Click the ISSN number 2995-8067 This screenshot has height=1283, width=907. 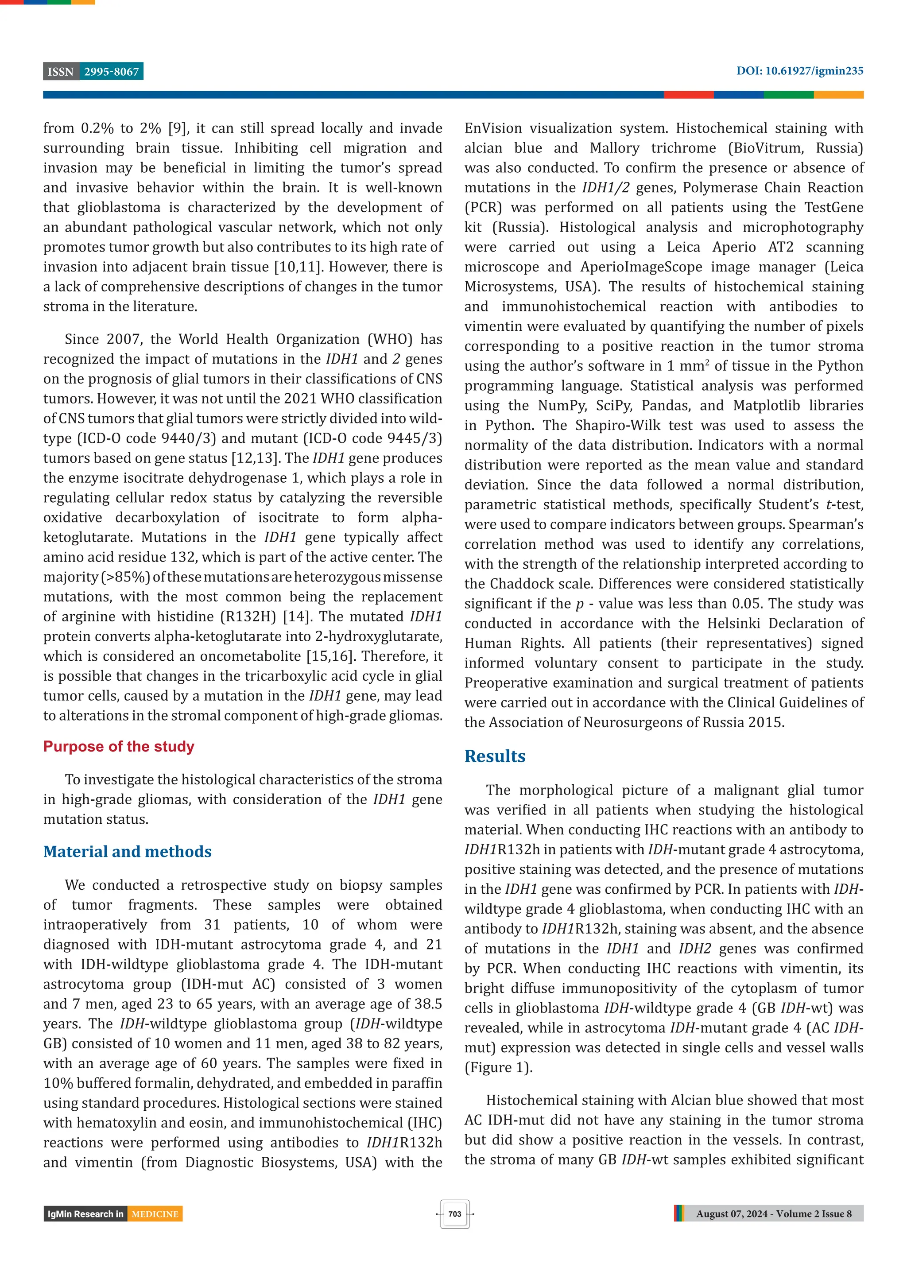click(x=111, y=72)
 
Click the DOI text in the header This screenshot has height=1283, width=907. click(x=799, y=71)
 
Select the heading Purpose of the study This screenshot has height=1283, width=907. click(x=119, y=747)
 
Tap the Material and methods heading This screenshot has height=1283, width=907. click(x=128, y=852)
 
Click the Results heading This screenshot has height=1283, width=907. click(x=495, y=756)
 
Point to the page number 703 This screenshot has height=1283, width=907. click(x=454, y=1214)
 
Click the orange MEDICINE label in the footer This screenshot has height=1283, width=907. click(x=155, y=1214)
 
